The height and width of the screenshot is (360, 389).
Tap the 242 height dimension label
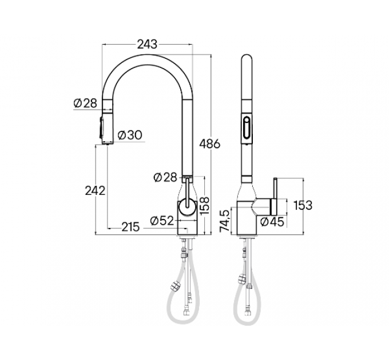click(x=95, y=191)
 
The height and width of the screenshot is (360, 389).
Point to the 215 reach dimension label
click(x=130, y=227)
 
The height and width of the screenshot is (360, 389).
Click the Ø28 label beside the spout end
click(x=85, y=103)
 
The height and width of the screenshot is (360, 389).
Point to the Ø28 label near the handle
click(x=165, y=178)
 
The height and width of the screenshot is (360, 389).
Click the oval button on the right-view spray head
click(x=247, y=127)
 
